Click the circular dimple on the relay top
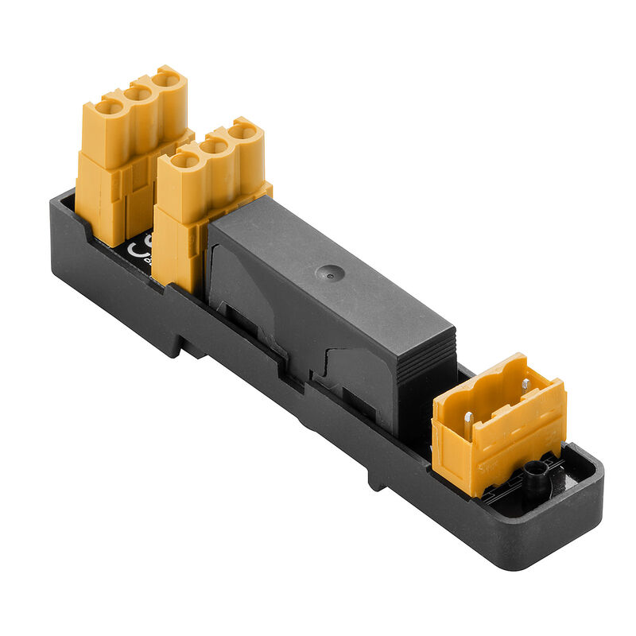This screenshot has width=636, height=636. point(328,273)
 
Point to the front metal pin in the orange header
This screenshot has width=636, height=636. point(469,418)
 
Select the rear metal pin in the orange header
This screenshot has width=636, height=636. point(524,385)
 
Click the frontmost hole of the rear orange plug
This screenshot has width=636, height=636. point(109,107)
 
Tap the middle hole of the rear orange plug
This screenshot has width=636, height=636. point(138,93)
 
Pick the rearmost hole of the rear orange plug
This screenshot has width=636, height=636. point(166,79)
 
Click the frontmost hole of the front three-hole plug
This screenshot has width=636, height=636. point(184,160)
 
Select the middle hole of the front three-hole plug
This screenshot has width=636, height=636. point(214,145)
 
